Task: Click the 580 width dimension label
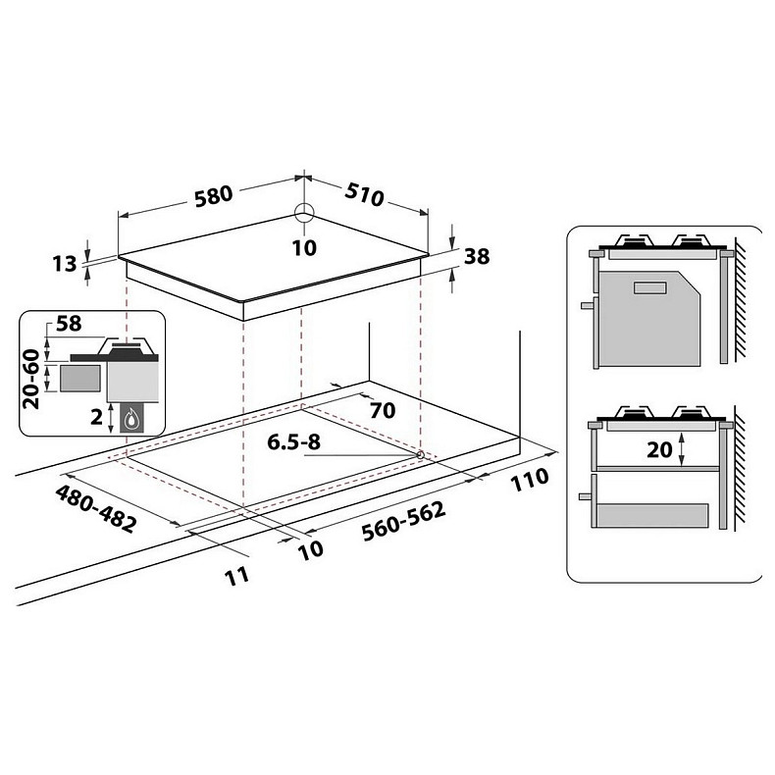[213, 194]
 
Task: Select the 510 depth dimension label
[362, 194]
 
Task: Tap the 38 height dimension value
[477, 257]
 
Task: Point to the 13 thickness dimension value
[64, 263]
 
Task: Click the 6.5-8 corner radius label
[294, 442]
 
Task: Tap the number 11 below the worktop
[236, 576]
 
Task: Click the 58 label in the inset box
[70, 324]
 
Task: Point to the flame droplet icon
[130, 419]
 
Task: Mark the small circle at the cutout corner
[420, 454]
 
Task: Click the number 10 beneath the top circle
[304, 247]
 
